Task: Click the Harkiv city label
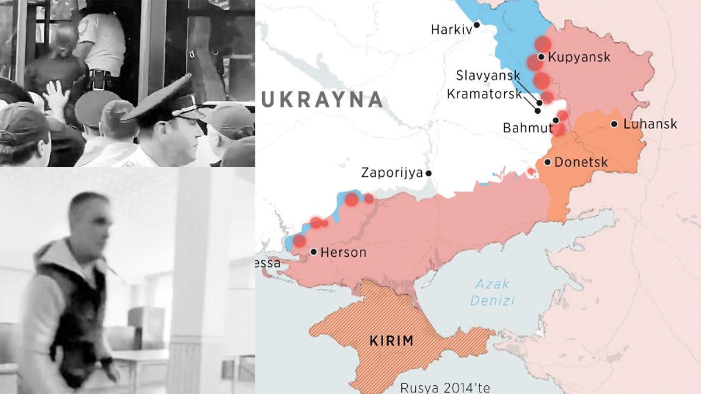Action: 451,29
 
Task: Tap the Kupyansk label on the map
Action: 578,57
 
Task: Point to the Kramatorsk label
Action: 483,94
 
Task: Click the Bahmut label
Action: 528,127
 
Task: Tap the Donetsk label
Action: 581,162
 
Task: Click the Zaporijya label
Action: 392,173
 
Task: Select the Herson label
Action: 345,252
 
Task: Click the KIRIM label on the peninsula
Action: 391,341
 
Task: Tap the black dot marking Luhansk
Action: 615,124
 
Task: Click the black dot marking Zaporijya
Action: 429,173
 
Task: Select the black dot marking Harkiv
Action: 477,25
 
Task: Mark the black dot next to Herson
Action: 314,252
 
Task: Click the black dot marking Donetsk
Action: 547,162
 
